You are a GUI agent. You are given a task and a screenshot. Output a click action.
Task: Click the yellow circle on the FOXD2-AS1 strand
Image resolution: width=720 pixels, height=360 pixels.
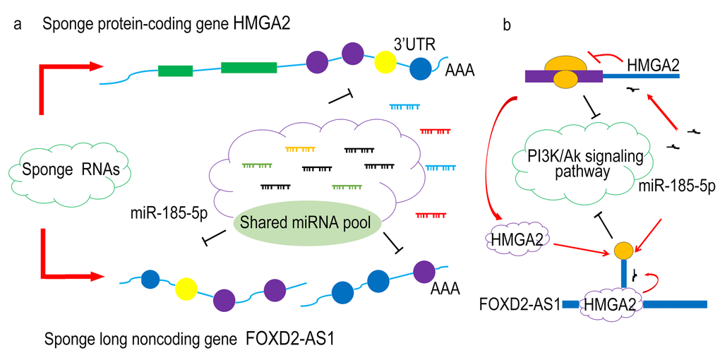coord(186,287)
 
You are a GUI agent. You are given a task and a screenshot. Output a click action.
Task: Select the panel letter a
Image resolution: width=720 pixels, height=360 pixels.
coord(16,25)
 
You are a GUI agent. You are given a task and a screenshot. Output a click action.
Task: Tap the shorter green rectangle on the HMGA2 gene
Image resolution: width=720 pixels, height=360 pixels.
coord(176,71)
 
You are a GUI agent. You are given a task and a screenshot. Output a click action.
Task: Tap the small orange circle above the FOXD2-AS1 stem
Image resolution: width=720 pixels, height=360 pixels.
coord(623,250)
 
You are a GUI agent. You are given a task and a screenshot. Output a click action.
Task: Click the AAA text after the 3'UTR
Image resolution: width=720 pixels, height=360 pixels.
coord(460,71)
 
